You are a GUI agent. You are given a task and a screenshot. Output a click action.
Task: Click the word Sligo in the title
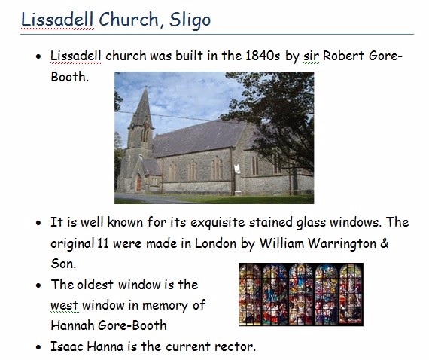pos(190,20)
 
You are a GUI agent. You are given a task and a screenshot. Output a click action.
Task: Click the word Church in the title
pos(129,20)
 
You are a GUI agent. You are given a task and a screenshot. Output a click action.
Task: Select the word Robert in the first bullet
pos(344,56)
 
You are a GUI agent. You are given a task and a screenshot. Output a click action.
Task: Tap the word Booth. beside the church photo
pos(70,77)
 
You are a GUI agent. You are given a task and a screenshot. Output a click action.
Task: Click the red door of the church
pos(139,183)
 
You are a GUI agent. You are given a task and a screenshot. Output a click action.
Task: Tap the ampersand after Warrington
pos(385,243)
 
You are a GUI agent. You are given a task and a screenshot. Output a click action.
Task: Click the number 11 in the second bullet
pos(103,243)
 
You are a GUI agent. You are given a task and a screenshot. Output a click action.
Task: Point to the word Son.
pos(63,264)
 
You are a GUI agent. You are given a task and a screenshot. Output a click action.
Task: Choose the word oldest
pos(96,285)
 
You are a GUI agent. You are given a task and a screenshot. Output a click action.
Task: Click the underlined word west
pos(65,305)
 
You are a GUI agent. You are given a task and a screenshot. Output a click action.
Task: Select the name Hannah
pos(72,325)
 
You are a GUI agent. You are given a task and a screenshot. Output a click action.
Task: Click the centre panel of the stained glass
pos(301,294)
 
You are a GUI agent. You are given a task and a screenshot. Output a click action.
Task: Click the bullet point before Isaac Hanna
pos(38,347)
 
